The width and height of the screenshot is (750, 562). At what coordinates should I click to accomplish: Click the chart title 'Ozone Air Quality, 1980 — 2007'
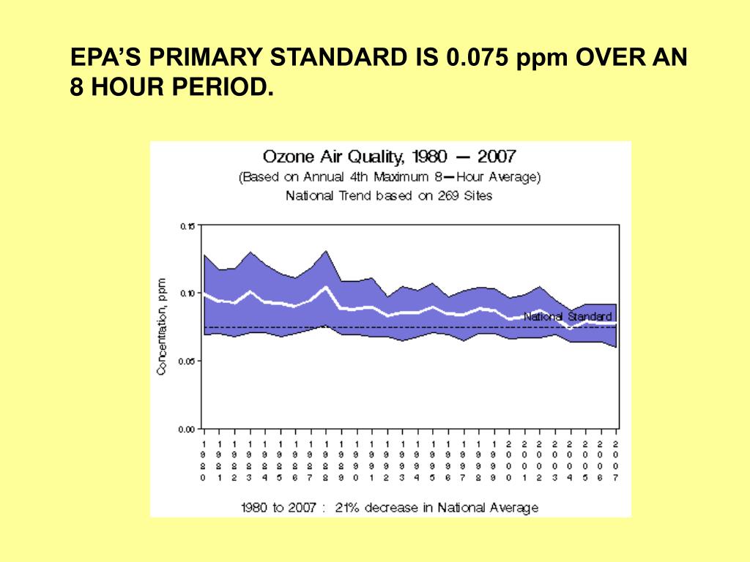coord(389,157)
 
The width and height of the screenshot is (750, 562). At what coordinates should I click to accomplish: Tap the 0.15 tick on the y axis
coord(187,226)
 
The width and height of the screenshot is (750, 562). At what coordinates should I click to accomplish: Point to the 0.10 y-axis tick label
coord(187,293)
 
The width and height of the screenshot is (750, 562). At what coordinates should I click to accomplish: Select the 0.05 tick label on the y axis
coord(187,361)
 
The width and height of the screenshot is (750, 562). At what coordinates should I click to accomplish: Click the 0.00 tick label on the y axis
coord(187,429)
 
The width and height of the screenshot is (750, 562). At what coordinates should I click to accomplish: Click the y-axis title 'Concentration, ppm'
coord(162,326)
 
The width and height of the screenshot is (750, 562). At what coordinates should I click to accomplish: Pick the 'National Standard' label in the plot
coord(568,317)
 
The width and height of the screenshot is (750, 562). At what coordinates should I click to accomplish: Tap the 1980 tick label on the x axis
coord(203,460)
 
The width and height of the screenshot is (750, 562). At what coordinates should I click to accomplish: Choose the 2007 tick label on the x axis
coord(616,460)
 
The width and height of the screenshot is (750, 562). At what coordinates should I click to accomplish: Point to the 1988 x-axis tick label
coord(325,460)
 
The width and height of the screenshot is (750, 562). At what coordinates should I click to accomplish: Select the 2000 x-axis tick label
coord(509,460)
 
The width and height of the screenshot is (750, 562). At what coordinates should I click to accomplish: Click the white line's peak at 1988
coord(325,287)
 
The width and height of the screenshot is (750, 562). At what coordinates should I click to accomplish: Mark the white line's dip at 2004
coord(571,328)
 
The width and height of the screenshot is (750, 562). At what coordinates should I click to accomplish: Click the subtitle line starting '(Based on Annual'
coord(389,177)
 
